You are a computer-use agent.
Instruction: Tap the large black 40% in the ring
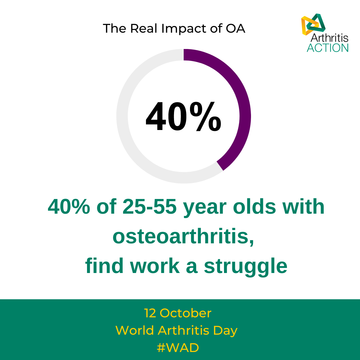(183, 117)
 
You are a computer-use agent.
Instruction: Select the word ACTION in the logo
(327, 48)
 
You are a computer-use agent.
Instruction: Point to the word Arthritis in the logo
(329, 38)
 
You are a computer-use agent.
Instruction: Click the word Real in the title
(144, 29)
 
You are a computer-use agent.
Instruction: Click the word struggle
(245, 267)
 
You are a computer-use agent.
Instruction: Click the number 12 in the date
(150, 313)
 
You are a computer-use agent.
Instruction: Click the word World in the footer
(135, 331)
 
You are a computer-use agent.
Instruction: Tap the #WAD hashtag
(178, 348)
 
